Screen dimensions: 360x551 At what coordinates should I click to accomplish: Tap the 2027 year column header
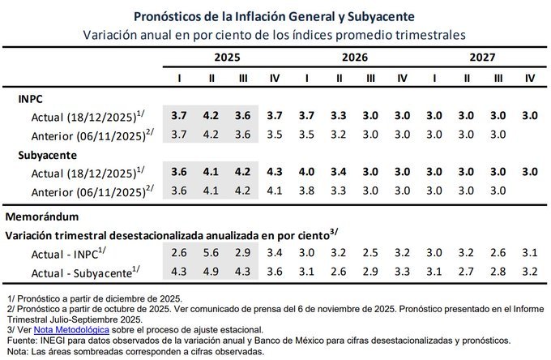pos(482,58)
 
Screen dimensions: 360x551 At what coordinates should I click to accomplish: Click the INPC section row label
pos(32,97)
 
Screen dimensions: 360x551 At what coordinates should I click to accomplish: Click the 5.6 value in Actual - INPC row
pos(211,253)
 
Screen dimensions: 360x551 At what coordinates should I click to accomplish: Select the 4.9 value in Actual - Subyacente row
pos(211,270)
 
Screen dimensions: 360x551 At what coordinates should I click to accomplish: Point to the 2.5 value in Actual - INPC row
pos(370,253)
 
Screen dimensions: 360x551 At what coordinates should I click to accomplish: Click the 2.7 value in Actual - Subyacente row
pos(467,270)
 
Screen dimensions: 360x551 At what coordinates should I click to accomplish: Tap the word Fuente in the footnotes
pos(21,341)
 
